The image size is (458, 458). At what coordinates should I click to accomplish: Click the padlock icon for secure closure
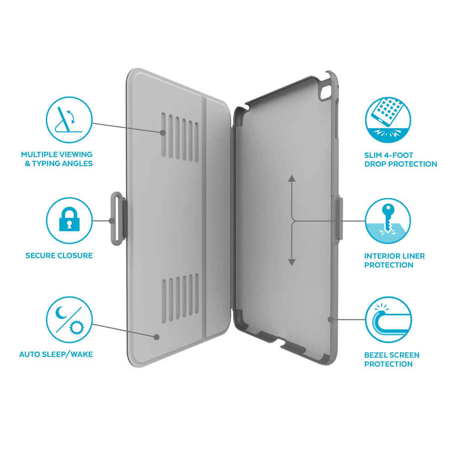point(69,219)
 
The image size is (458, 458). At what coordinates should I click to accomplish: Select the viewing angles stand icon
point(69,120)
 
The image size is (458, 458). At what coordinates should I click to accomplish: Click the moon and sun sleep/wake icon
point(69,320)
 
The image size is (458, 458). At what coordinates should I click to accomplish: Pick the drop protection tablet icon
point(388,120)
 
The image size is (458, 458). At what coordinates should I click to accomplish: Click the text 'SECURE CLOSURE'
point(59,256)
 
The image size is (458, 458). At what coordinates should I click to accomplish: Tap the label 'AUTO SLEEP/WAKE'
point(56,354)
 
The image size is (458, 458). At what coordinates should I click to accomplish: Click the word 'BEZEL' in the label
point(377,355)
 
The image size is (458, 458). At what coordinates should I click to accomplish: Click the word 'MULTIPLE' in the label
point(39,154)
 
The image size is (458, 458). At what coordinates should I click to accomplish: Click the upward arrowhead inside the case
point(291,179)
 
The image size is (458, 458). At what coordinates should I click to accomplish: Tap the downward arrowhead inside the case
point(291,262)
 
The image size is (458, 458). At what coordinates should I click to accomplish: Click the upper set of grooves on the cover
point(180,137)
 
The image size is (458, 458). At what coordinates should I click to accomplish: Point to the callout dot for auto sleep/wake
point(157,337)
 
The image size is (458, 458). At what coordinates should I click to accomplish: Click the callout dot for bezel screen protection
point(331,320)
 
